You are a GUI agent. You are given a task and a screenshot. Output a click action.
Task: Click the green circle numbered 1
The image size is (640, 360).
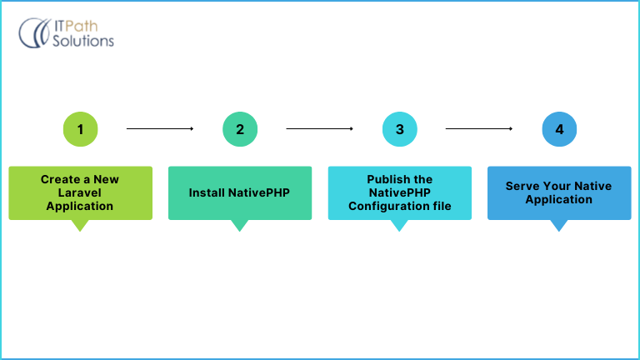pos(80,129)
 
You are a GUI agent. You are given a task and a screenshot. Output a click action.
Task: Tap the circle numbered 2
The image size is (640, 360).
pos(240,129)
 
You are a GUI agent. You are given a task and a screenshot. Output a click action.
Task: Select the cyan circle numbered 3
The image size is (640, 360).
pos(400,129)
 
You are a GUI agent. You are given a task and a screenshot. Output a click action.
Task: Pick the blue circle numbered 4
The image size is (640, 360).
pos(559,129)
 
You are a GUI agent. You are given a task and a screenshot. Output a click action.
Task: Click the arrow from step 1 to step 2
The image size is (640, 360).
pos(160,129)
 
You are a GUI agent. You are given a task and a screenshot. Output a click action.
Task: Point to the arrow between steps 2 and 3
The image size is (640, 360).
pos(320,129)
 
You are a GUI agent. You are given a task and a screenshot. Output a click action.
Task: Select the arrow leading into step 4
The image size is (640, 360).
pos(479,129)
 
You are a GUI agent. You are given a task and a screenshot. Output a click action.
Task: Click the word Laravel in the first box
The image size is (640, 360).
pos(80,192)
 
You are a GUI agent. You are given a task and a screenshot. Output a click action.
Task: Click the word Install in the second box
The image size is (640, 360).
pos(206,192)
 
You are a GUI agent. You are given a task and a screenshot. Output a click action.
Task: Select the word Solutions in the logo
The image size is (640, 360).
pos(82,40)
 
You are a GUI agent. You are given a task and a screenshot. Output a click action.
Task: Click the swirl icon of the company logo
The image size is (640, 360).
pos(33,32)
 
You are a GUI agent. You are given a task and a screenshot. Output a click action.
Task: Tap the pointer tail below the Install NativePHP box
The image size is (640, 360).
pos(240,225)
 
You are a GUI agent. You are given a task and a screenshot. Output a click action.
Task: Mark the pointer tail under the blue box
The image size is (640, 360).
pos(559,225)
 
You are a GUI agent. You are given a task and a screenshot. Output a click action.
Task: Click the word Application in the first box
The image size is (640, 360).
pos(80,206)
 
